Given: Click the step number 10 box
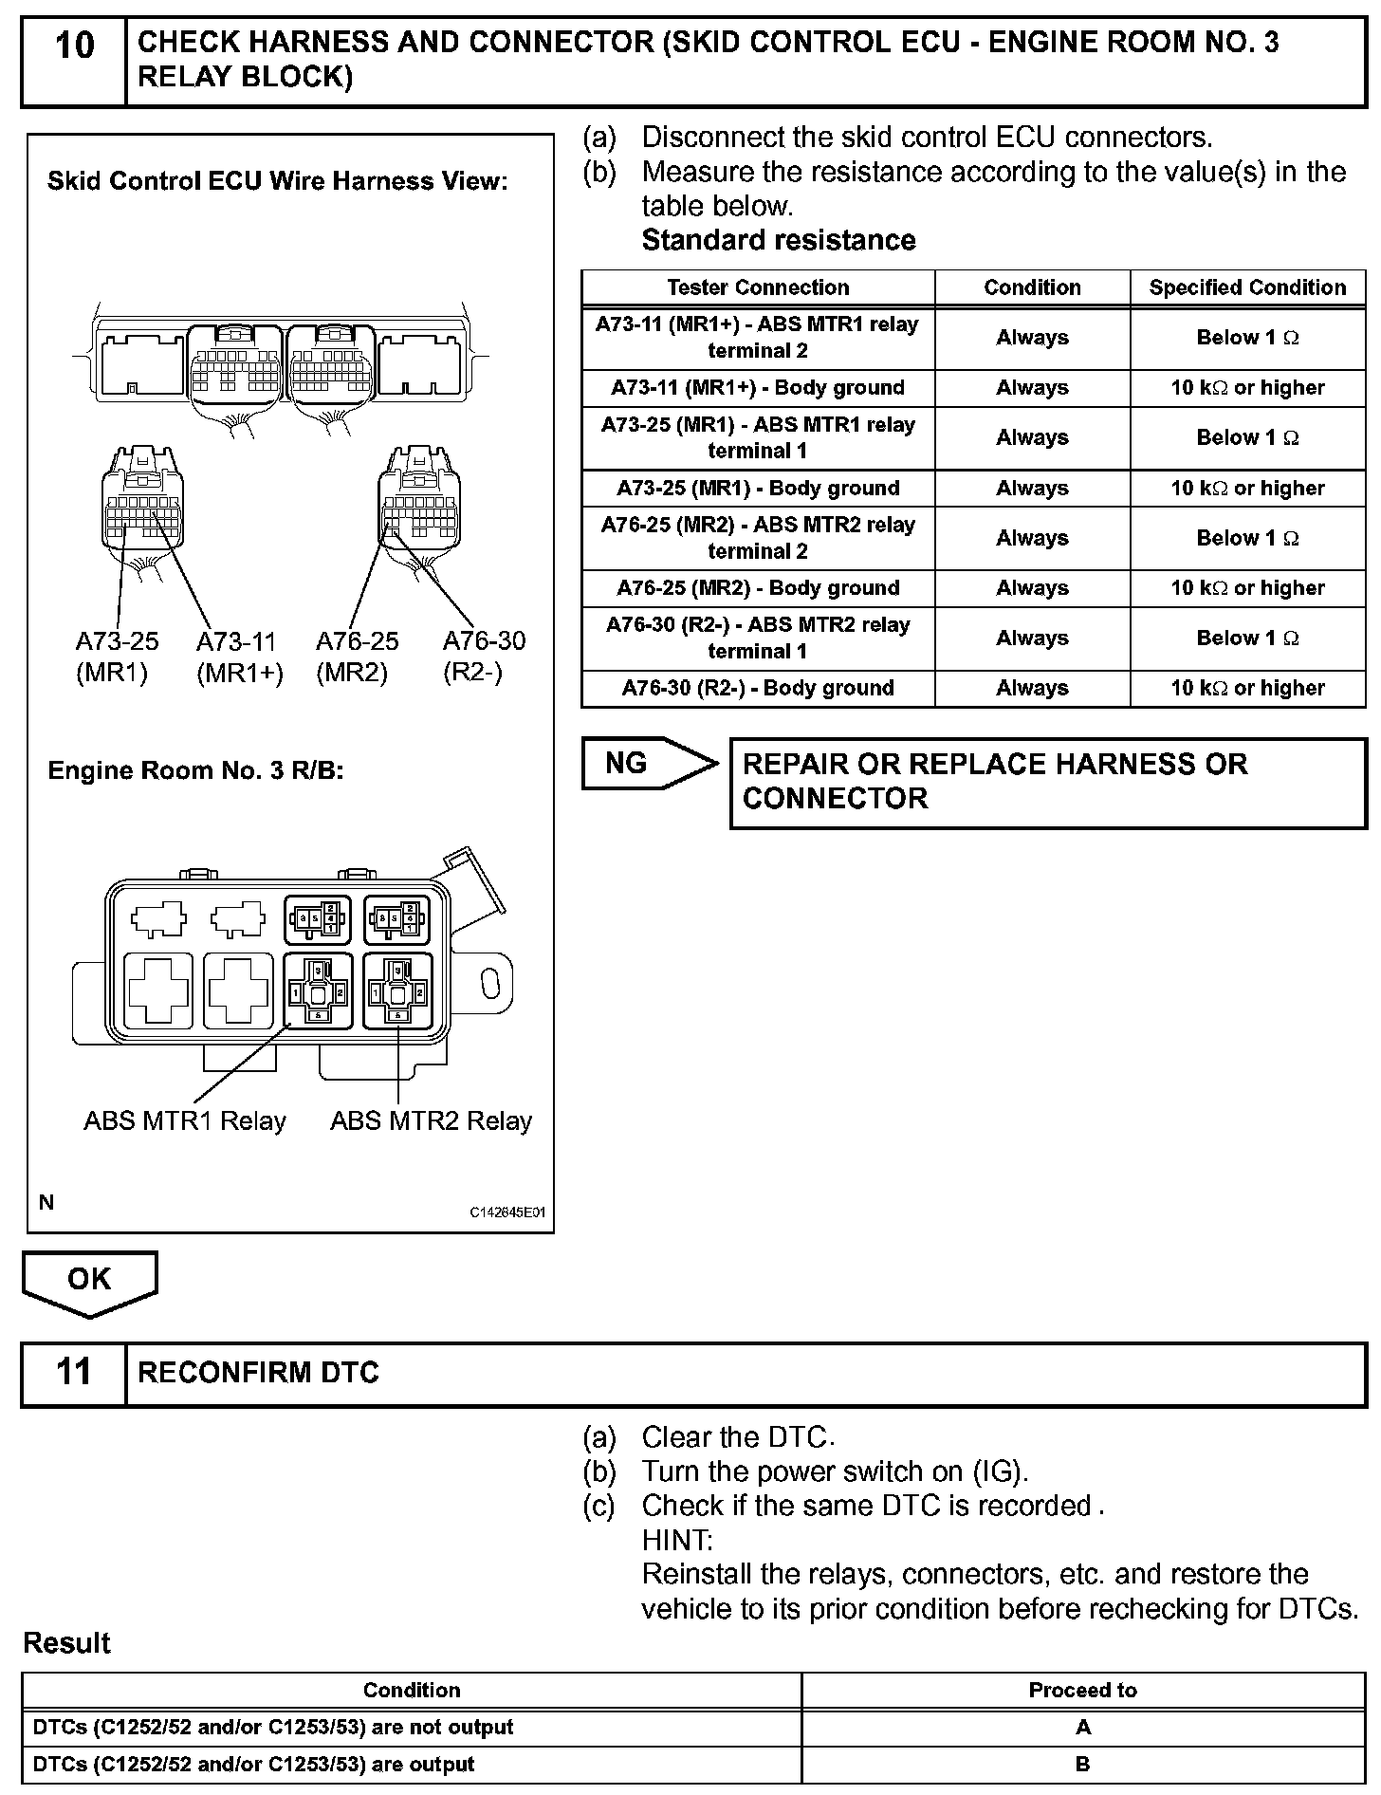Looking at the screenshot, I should (74, 59).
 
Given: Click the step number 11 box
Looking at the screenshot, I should (74, 1372).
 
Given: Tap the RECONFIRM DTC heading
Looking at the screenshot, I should (258, 1372).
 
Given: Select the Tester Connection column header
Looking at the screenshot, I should (758, 287).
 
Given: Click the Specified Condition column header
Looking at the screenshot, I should (1247, 287).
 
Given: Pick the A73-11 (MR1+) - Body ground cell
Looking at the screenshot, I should (758, 388).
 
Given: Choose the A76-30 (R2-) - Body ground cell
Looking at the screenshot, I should (758, 688).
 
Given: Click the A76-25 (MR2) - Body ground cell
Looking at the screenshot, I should (758, 588).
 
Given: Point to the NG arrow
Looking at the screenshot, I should (649, 763).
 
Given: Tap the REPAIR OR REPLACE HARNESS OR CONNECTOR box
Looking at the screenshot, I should (1047, 782).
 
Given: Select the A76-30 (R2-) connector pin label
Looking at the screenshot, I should (484, 657).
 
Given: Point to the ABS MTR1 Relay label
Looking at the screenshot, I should (185, 1121).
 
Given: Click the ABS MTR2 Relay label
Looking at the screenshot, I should (432, 1121).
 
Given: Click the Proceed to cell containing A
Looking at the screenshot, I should (1083, 1728).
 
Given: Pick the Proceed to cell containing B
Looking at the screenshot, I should (1083, 1765).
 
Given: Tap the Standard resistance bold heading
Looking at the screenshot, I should (779, 240).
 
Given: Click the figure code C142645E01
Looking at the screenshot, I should (507, 1212).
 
